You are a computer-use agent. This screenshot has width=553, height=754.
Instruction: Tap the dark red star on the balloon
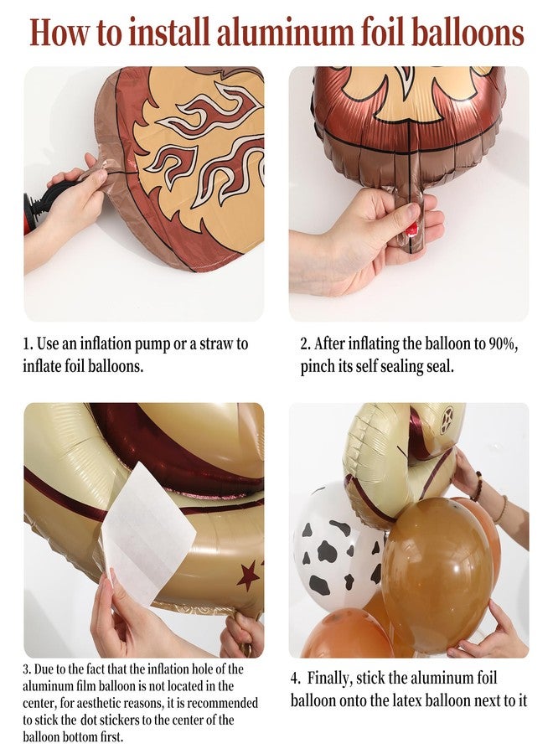(247, 576)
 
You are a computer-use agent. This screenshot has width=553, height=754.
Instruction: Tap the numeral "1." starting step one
(28, 344)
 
